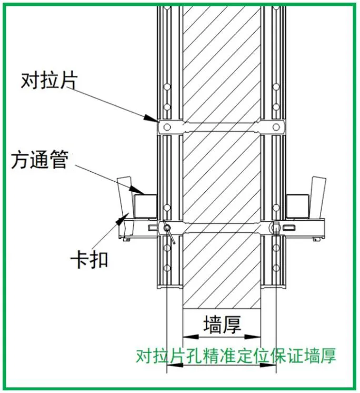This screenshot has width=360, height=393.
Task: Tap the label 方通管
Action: pyautogui.click(x=39, y=161)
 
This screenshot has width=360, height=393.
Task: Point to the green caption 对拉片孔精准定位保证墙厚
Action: pyautogui.click(x=236, y=356)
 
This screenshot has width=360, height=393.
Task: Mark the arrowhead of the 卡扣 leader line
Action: pyautogui.click(x=126, y=215)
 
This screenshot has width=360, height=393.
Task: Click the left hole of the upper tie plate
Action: pyautogui.click(x=166, y=127)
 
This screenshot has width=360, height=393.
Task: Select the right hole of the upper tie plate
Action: pyautogui.click(x=275, y=127)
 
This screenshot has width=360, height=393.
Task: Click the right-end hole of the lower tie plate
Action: pyautogui.click(x=275, y=227)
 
